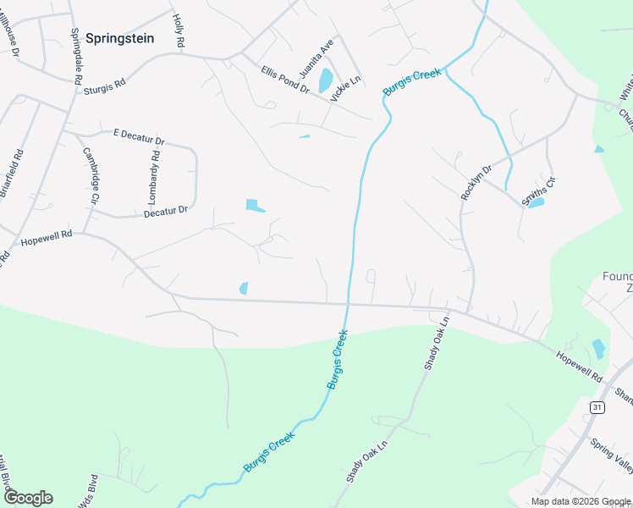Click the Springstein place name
pos(119,37)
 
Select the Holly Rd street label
pos(178,30)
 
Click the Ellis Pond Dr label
pos(285,80)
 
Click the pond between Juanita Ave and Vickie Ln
pos(325,81)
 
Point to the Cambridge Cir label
pos(91,174)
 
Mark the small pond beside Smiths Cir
pos(535,203)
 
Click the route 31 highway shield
pos(597,408)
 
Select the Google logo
pos(28,498)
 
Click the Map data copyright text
pos(581,502)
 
